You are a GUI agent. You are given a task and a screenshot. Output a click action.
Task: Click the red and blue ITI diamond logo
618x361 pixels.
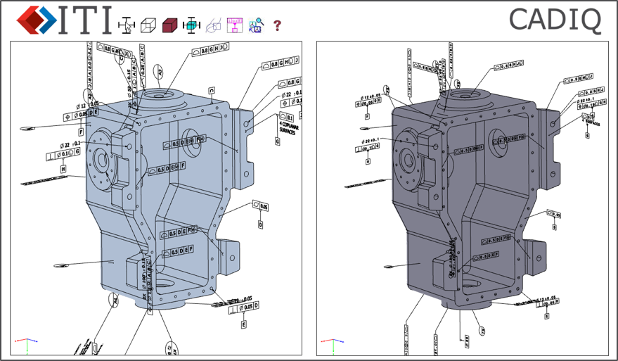click(36, 20)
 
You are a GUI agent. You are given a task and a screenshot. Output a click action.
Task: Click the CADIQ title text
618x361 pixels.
click(555, 20)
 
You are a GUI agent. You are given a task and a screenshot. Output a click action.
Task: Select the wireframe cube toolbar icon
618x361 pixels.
click(148, 26)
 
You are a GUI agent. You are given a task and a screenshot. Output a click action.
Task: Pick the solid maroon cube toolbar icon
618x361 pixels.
click(169, 26)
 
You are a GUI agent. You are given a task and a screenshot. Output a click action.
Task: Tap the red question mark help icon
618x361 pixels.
click(277, 26)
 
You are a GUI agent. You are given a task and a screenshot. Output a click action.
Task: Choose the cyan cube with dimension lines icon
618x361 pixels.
click(190, 25)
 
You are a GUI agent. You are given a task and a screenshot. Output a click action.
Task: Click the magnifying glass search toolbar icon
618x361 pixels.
click(255, 26)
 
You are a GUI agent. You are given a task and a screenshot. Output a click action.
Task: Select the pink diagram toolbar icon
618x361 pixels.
click(234, 25)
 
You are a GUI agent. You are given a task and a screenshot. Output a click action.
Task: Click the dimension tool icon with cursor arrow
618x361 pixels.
click(127, 26)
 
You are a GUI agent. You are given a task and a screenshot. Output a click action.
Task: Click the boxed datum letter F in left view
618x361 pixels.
click(81, 131)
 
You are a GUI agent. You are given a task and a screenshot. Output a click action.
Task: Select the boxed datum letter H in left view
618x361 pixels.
click(63, 170)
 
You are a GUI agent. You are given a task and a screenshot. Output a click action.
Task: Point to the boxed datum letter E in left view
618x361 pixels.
click(243, 324)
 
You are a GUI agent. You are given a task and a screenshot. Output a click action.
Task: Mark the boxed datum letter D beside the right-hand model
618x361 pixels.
click(556, 227)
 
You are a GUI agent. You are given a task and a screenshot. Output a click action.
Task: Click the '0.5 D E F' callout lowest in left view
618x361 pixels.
click(177, 251)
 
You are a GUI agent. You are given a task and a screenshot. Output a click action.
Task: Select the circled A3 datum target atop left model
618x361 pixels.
click(160, 72)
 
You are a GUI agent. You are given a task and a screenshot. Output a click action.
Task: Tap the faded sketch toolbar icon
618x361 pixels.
click(212, 26)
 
